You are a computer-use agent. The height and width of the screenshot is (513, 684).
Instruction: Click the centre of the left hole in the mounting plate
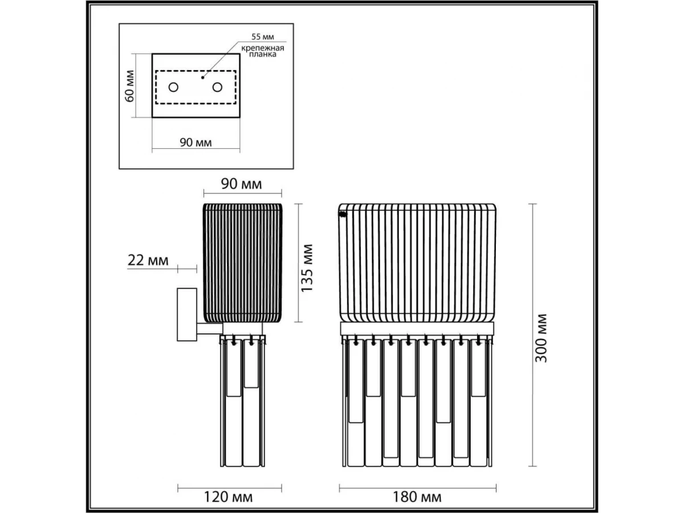tap(173, 87)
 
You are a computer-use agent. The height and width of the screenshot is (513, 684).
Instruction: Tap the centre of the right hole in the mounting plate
tap(217, 87)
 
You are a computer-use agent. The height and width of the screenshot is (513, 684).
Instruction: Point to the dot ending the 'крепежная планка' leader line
tap(202, 78)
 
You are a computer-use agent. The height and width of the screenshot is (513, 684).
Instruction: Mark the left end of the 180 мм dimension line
tap(339, 488)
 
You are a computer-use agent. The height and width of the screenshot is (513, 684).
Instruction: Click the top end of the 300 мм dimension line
tap(532, 203)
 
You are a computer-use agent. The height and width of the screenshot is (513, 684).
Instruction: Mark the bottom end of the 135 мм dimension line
tap(298, 321)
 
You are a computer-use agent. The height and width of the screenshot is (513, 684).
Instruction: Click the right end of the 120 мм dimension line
tap(282, 488)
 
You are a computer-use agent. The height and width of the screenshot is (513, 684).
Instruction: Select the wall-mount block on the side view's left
tap(187, 314)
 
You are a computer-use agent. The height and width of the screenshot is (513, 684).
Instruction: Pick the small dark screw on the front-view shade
tap(343, 214)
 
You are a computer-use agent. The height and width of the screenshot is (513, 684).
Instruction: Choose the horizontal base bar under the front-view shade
tap(417, 328)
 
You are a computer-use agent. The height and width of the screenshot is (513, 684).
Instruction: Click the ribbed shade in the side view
tap(242, 263)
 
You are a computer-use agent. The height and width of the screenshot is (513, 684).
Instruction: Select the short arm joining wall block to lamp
tap(209, 328)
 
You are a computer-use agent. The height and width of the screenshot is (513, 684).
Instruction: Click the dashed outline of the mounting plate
tap(196, 87)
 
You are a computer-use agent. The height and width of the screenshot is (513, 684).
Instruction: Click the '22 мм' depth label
tap(148, 260)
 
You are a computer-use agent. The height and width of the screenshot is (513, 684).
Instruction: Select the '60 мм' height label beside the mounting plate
tap(129, 86)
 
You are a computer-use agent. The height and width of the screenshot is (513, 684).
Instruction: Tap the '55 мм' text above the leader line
tap(263, 36)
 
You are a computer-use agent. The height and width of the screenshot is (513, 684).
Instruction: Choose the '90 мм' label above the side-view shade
tap(242, 184)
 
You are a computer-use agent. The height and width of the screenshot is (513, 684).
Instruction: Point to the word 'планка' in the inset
tap(262, 55)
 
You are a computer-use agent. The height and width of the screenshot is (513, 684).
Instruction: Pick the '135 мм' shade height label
tap(307, 268)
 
